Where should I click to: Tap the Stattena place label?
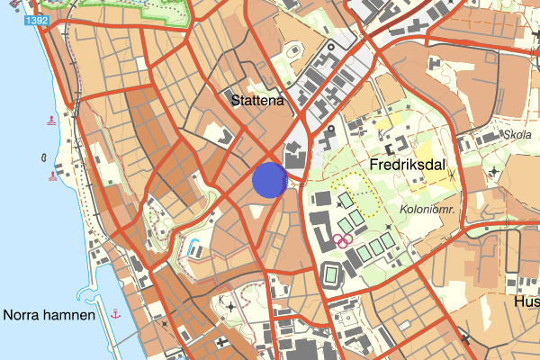tap(257, 101)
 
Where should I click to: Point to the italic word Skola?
tap(518, 135)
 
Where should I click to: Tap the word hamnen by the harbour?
tap(72, 315)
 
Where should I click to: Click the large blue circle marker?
tap(270, 179)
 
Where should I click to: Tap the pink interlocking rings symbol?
tap(341, 239)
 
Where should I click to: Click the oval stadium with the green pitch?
tap(330, 273)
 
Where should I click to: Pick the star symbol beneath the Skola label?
tap(494, 170)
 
